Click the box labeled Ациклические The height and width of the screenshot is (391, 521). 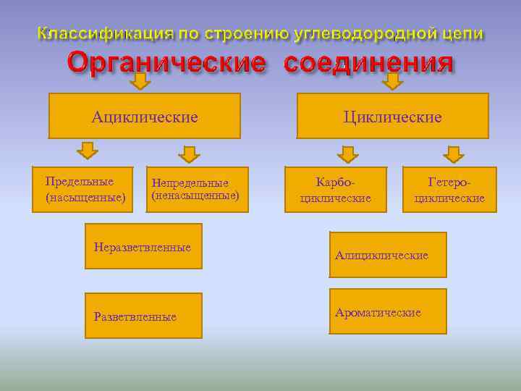click(x=144, y=116)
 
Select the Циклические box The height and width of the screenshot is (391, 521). click(x=392, y=116)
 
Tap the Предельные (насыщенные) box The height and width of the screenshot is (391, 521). click(x=83, y=189)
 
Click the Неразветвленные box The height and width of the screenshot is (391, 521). click(x=143, y=246)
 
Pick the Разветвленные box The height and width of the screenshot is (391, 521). click(x=143, y=316)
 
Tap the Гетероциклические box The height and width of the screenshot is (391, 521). click(x=449, y=190)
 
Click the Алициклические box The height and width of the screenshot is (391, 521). click(x=388, y=255)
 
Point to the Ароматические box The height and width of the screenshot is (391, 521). click(x=388, y=312)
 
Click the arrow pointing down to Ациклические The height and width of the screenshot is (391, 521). click(x=140, y=81)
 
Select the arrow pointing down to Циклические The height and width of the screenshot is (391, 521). click(x=392, y=81)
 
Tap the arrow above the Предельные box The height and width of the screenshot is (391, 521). click(x=88, y=151)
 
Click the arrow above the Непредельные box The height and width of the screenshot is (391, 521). click(x=189, y=154)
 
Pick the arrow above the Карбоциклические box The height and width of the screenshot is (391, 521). click(x=348, y=154)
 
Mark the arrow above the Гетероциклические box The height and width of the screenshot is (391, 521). click(x=453, y=154)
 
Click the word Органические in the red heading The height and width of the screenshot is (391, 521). click(x=166, y=63)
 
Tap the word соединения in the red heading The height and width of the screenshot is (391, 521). click(x=368, y=63)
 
